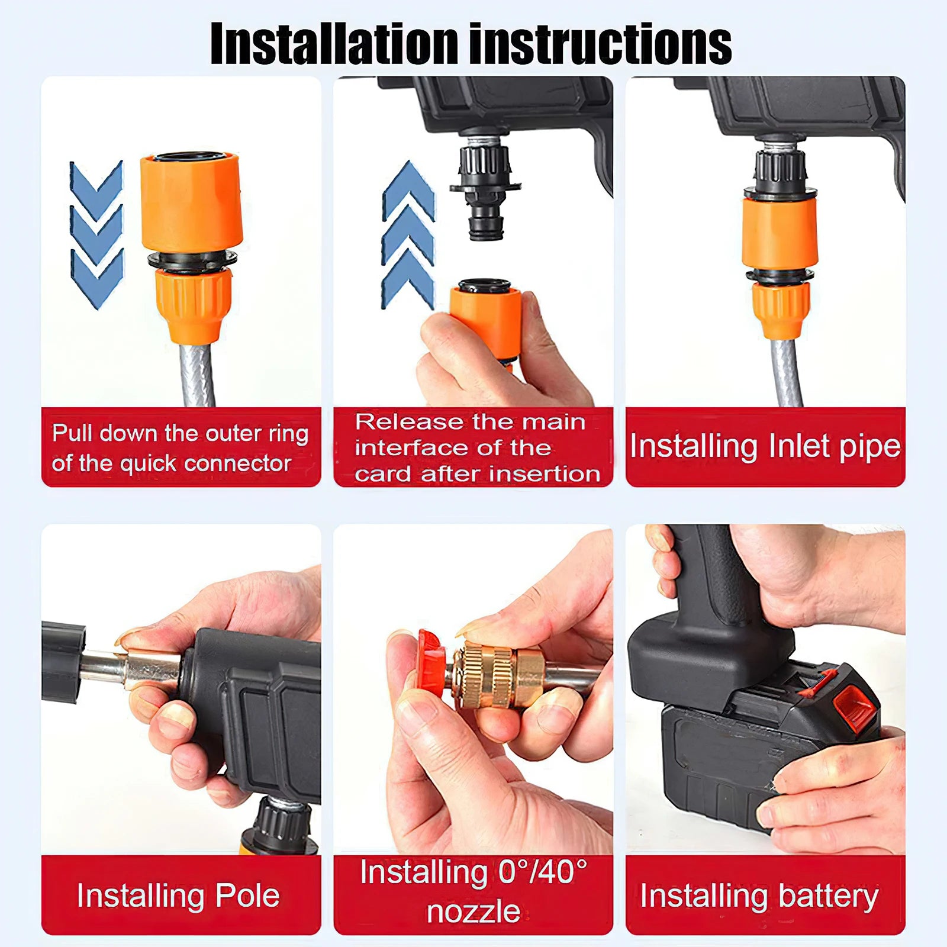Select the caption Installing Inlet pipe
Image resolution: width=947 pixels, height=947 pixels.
(765, 446)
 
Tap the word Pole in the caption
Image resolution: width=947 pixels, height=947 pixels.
(247, 896)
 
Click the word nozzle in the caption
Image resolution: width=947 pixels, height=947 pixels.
(474, 911)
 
